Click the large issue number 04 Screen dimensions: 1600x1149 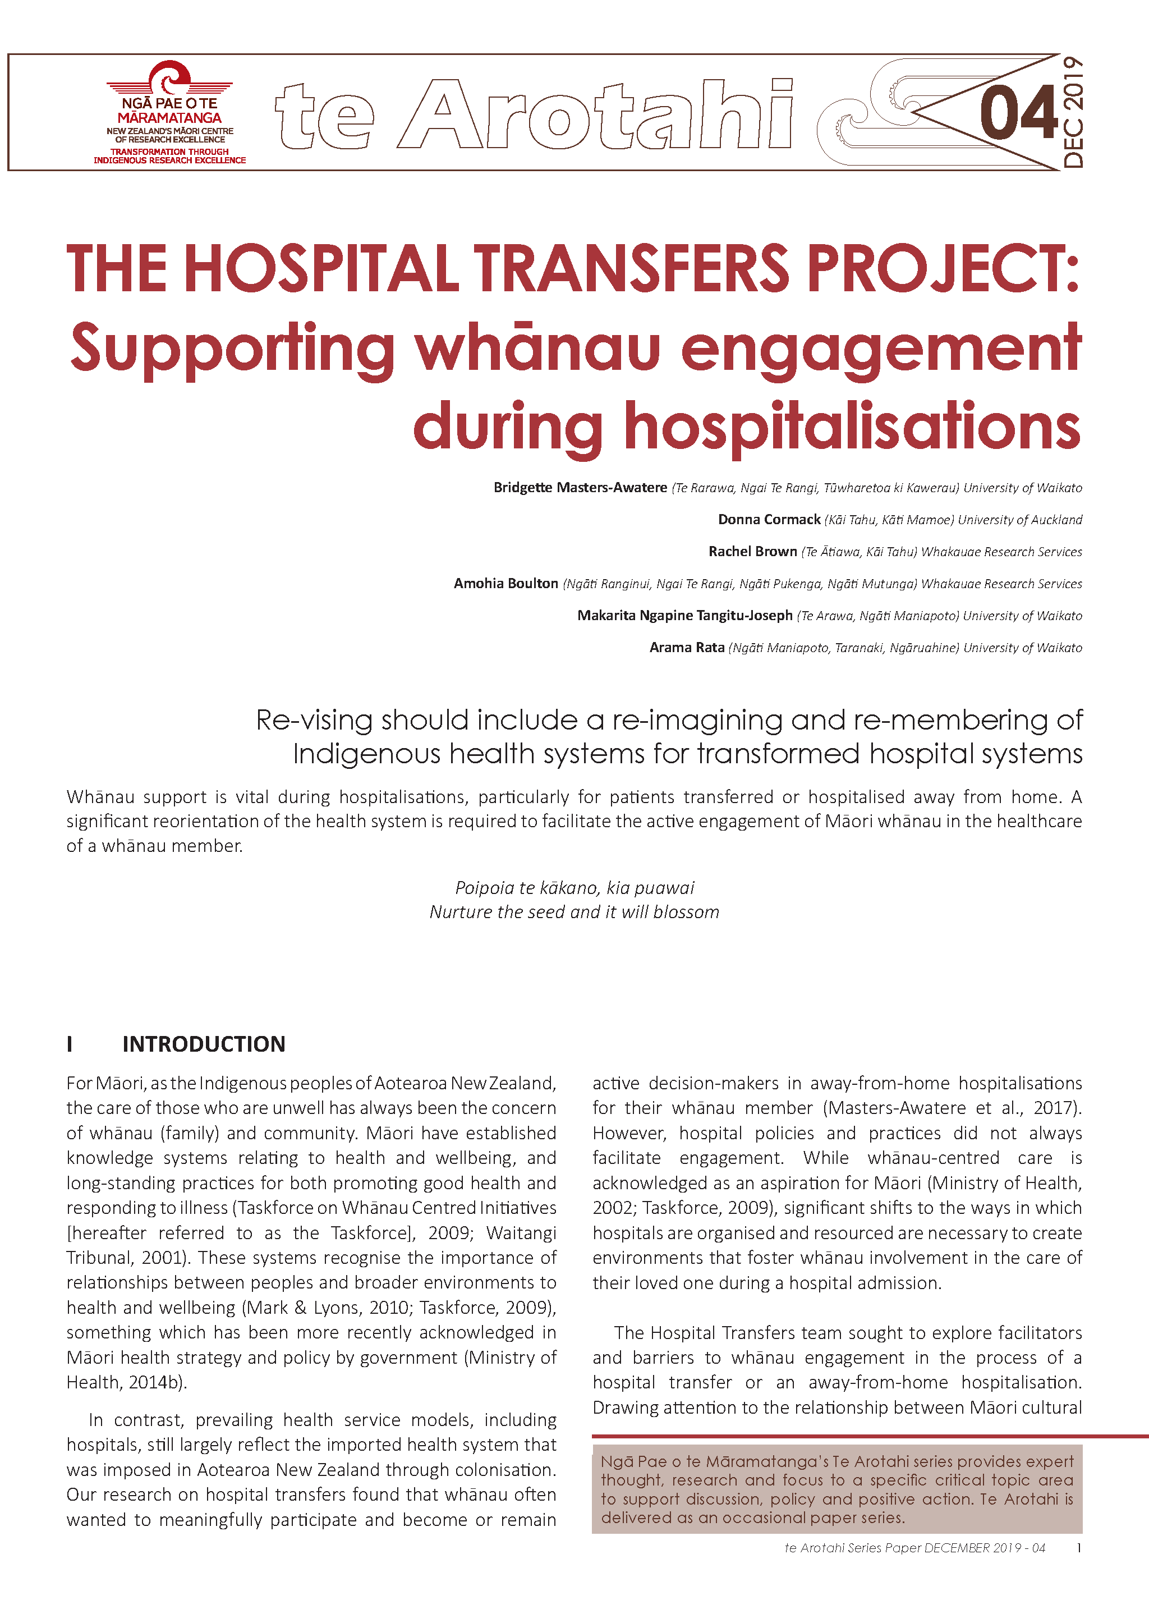(x=1018, y=113)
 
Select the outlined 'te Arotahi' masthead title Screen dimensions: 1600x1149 (x=535, y=114)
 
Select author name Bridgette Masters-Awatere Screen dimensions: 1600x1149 (x=580, y=488)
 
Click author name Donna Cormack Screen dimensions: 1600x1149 (x=769, y=520)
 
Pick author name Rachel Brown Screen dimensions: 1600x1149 (x=752, y=552)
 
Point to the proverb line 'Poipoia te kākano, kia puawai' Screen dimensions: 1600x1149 (x=574, y=887)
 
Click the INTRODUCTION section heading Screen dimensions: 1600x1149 (x=204, y=1044)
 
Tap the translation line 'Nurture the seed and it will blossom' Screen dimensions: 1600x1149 (x=574, y=912)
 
